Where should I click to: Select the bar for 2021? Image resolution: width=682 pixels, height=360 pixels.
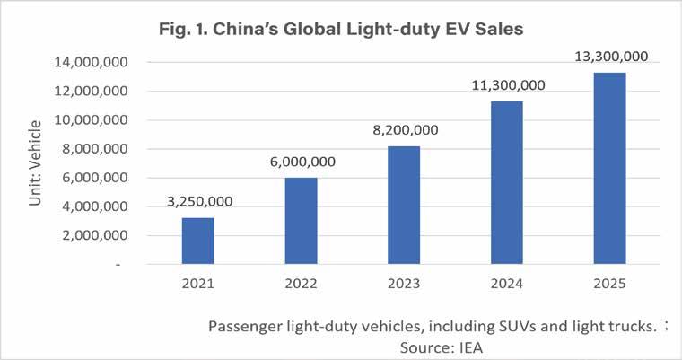click(198, 241)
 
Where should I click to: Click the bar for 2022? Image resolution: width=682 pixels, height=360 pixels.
click(301, 221)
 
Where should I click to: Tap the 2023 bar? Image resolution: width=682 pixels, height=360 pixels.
click(404, 205)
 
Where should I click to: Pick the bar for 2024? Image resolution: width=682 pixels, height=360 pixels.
click(507, 182)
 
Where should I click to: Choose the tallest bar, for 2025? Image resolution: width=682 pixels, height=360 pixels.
click(610, 168)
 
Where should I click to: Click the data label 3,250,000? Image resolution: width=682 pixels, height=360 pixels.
click(199, 202)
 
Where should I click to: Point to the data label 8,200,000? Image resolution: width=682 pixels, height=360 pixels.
click(406, 129)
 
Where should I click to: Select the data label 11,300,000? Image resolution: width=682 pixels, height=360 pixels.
click(509, 85)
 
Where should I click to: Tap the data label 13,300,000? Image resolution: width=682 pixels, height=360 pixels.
click(611, 57)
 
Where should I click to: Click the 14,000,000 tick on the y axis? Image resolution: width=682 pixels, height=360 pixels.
click(91, 62)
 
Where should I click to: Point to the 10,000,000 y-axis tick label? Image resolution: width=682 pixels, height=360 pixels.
click(91, 119)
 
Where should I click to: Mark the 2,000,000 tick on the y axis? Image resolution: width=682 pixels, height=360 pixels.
click(95, 235)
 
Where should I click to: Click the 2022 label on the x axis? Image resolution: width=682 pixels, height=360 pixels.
click(301, 284)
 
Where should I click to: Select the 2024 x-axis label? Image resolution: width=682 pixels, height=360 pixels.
click(507, 284)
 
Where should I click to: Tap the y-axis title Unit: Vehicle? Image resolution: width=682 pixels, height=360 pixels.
click(35, 162)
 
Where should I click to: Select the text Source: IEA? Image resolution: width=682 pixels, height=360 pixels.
click(441, 347)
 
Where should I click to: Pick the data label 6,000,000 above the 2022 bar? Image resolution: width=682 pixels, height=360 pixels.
click(302, 162)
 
